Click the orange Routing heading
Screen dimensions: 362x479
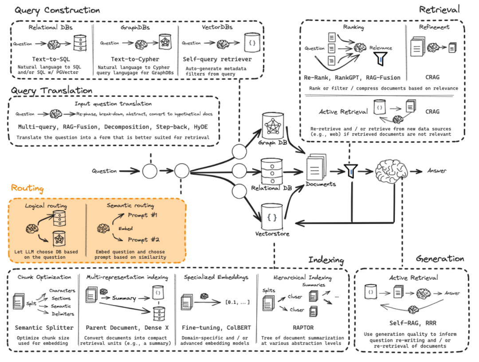click(x=27, y=189)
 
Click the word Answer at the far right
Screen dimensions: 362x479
click(x=437, y=171)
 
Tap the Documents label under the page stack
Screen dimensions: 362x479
click(x=321, y=184)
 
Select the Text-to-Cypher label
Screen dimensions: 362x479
click(x=135, y=59)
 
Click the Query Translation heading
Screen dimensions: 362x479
click(x=51, y=90)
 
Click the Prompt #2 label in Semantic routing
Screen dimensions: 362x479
click(x=143, y=240)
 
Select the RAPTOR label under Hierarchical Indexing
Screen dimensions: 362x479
click(x=303, y=328)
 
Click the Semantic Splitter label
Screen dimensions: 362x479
click(x=44, y=328)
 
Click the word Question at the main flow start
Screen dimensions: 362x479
click(x=105, y=171)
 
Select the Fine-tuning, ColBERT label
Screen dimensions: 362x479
click(x=216, y=328)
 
